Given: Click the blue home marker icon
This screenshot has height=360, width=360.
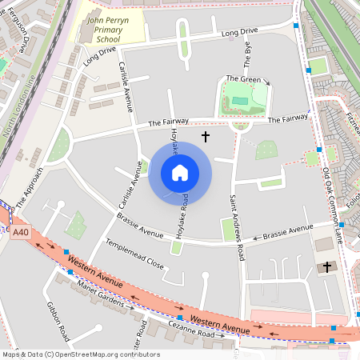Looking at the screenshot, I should tap(180, 173).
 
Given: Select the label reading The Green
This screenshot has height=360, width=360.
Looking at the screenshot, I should tap(243, 78).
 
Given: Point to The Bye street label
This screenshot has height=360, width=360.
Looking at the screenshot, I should tap(247, 55).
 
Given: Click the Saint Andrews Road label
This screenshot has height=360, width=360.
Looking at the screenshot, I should tap(237, 227).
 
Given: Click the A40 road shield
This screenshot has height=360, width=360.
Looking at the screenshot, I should tap(21, 232).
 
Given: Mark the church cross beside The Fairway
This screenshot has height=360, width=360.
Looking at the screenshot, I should tap(205, 137).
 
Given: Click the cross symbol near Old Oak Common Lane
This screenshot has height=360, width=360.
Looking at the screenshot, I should tap(326, 266).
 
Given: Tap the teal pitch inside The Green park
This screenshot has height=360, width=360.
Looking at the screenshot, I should tap(241, 100).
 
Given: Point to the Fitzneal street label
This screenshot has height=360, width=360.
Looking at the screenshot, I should tap(352, 112).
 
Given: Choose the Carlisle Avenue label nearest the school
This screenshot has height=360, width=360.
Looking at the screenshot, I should tap(126, 83).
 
